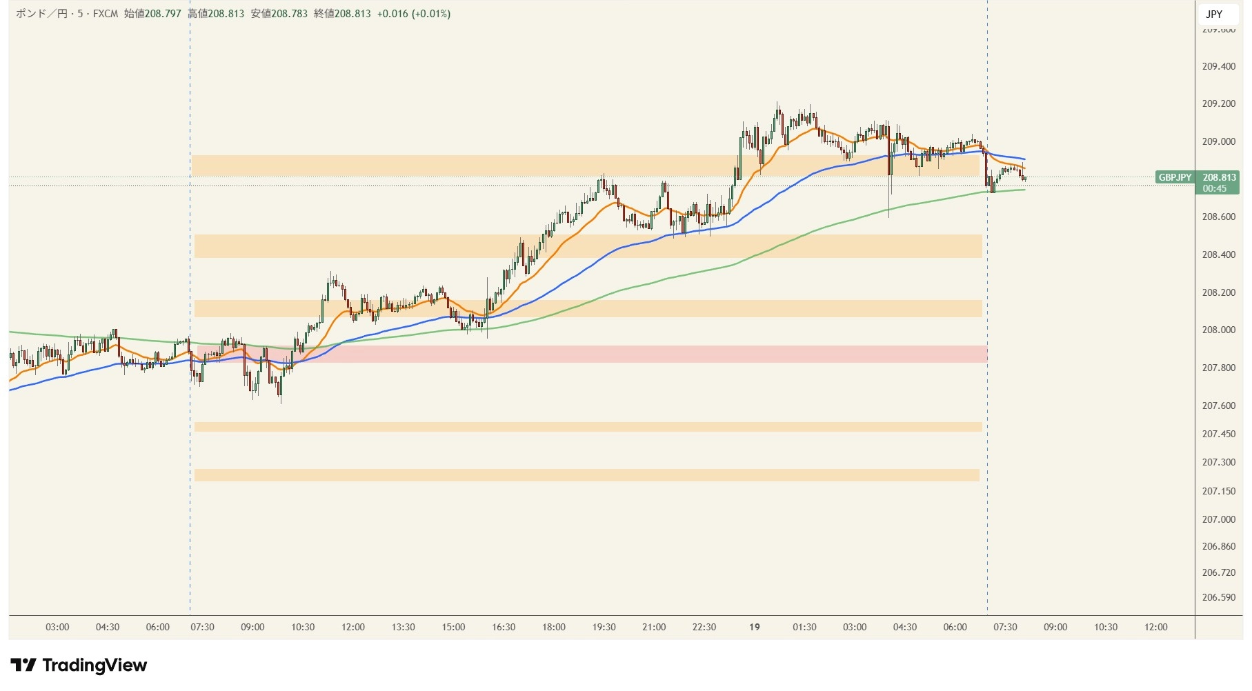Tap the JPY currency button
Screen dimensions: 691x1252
tap(1214, 14)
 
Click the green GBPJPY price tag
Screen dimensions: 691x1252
tap(1175, 177)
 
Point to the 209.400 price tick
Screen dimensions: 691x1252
tap(1218, 66)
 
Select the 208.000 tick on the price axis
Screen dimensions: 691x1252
tap(1218, 330)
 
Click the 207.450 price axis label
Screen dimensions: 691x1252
tap(1218, 434)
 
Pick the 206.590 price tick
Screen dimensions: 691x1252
tap(1218, 597)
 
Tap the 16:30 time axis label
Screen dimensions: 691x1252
tap(504, 627)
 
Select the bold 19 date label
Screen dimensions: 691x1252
tap(755, 627)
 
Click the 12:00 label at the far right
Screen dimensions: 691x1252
tap(1155, 627)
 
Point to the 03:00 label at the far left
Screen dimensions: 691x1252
tap(57, 627)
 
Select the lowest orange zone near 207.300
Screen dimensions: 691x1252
tap(586, 475)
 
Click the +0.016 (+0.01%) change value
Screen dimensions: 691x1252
tap(413, 14)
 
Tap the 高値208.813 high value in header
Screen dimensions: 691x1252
tap(216, 14)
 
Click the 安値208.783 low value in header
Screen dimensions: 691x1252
tap(279, 14)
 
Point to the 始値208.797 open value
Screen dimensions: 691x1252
tap(152, 14)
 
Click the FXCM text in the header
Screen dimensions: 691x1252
tap(106, 14)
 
